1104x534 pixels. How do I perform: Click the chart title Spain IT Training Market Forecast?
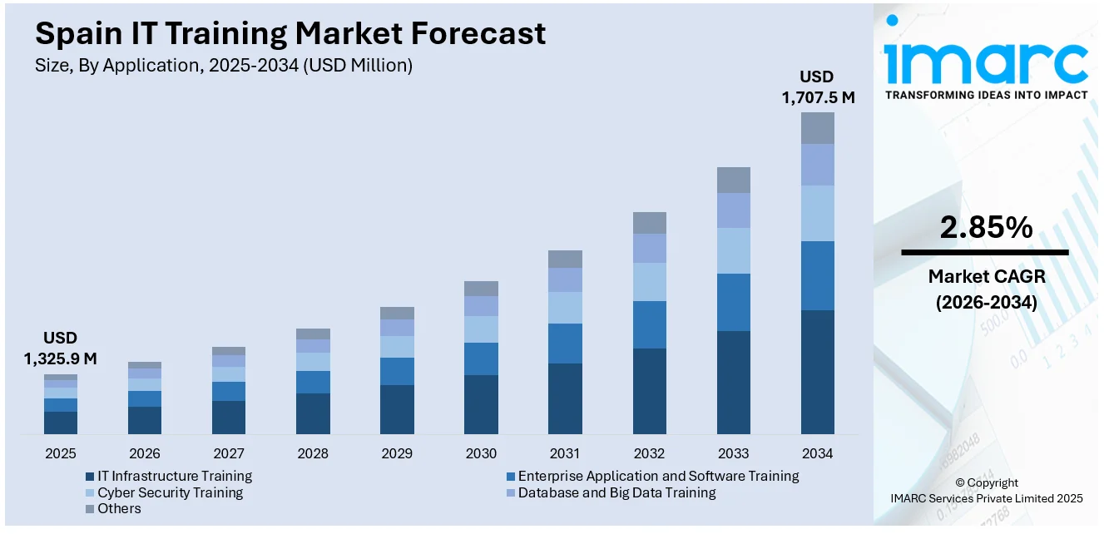tap(290, 33)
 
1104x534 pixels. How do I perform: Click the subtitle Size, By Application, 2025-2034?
tap(224, 65)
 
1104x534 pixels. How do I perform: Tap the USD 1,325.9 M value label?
tap(61, 349)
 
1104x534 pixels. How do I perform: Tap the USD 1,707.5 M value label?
tap(818, 87)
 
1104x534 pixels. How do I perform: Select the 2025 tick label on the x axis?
tap(61, 453)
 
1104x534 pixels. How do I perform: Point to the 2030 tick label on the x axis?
tap(481, 453)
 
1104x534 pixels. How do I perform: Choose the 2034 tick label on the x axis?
tap(817, 453)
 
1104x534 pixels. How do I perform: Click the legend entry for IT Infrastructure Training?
tap(174, 476)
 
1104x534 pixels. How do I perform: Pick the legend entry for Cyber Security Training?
tap(170, 492)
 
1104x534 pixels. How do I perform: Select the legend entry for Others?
tap(119, 508)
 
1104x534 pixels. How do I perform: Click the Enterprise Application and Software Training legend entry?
tap(657, 476)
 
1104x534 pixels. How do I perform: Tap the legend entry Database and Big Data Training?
tap(616, 492)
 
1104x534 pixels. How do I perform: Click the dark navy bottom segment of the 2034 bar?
tap(817, 372)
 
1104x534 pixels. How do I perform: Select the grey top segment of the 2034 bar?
tap(817, 128)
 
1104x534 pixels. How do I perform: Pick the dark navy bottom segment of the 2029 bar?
tap(397, 409)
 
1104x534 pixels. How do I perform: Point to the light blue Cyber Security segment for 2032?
tap(649, 282)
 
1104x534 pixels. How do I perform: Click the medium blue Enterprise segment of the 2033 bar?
tap(733, 302)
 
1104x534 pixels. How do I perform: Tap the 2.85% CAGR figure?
tap(986, 227)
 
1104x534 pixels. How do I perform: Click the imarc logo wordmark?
tap(986, 60)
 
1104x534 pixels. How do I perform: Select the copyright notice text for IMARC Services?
tap(986, 491)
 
